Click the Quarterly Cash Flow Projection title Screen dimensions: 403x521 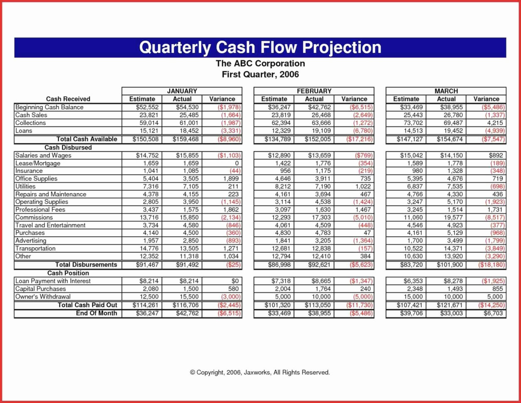[260, 47]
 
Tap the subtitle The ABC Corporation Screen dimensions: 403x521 [260, 64]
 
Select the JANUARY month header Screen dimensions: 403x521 [182, 91]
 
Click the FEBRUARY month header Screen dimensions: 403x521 [314, 91]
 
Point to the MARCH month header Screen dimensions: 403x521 [446, 91]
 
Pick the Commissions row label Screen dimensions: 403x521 [34, 217]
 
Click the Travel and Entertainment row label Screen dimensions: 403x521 [50, 225]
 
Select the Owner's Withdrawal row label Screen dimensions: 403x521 [43, 297]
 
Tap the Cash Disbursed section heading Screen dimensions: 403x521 [68, 147]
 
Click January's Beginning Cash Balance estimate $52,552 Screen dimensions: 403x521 [148, 107]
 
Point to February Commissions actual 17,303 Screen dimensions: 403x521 [321, 217]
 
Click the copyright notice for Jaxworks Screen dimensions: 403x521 [260, 372]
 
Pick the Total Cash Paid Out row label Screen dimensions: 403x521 [87, 305]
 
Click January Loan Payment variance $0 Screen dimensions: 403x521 [235, 281]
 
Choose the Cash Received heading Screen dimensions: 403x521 [68, 99]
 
